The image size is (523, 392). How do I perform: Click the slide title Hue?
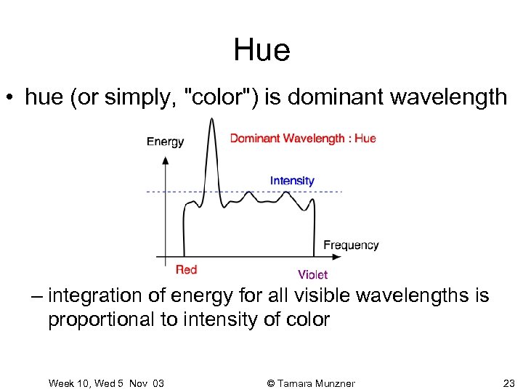(x=261, y=50)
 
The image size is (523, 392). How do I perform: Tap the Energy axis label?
(x=165, y=142)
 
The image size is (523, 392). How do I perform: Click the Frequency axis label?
(x=351, y=245)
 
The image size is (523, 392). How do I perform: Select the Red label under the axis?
(x=187, y=270)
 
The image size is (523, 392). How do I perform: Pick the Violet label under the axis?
(x=312, y=274)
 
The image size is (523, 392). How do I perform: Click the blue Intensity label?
(x=292, y=181)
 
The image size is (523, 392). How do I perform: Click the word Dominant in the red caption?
(x=255, y=138)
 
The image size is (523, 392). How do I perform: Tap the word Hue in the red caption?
(x=365, y=138)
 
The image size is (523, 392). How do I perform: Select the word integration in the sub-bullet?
(x=93, y=296)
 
